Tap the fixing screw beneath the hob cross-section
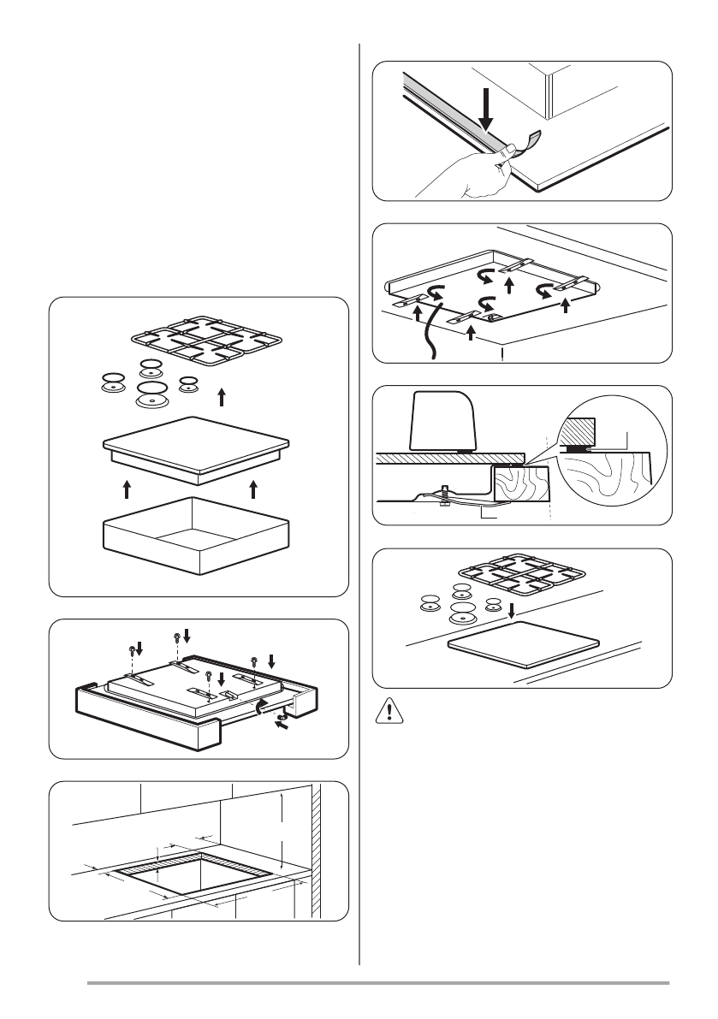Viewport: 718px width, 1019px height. tap(443, 497)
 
